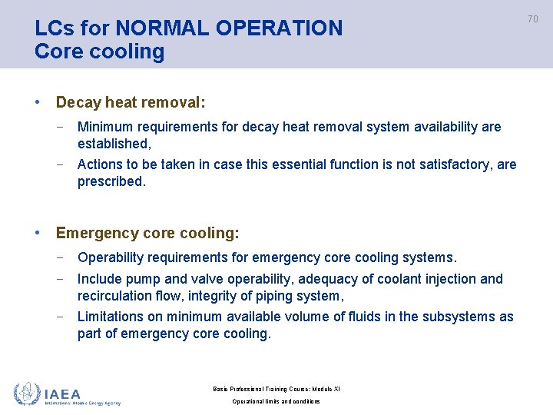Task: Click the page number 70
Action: (x=533, y=18)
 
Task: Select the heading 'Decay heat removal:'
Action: (x=131, y=102)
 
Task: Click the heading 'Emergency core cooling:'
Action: (x=147, y=233)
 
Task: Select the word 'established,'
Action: (x=114, y=144)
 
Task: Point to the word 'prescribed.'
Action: (x=111, y=181)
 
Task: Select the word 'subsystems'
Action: (x=460, y=317)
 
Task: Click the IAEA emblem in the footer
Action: (x=27, y=393)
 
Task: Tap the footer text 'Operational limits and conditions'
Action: (x=276, y=401)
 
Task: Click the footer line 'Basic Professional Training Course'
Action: (x=276, y=389)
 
